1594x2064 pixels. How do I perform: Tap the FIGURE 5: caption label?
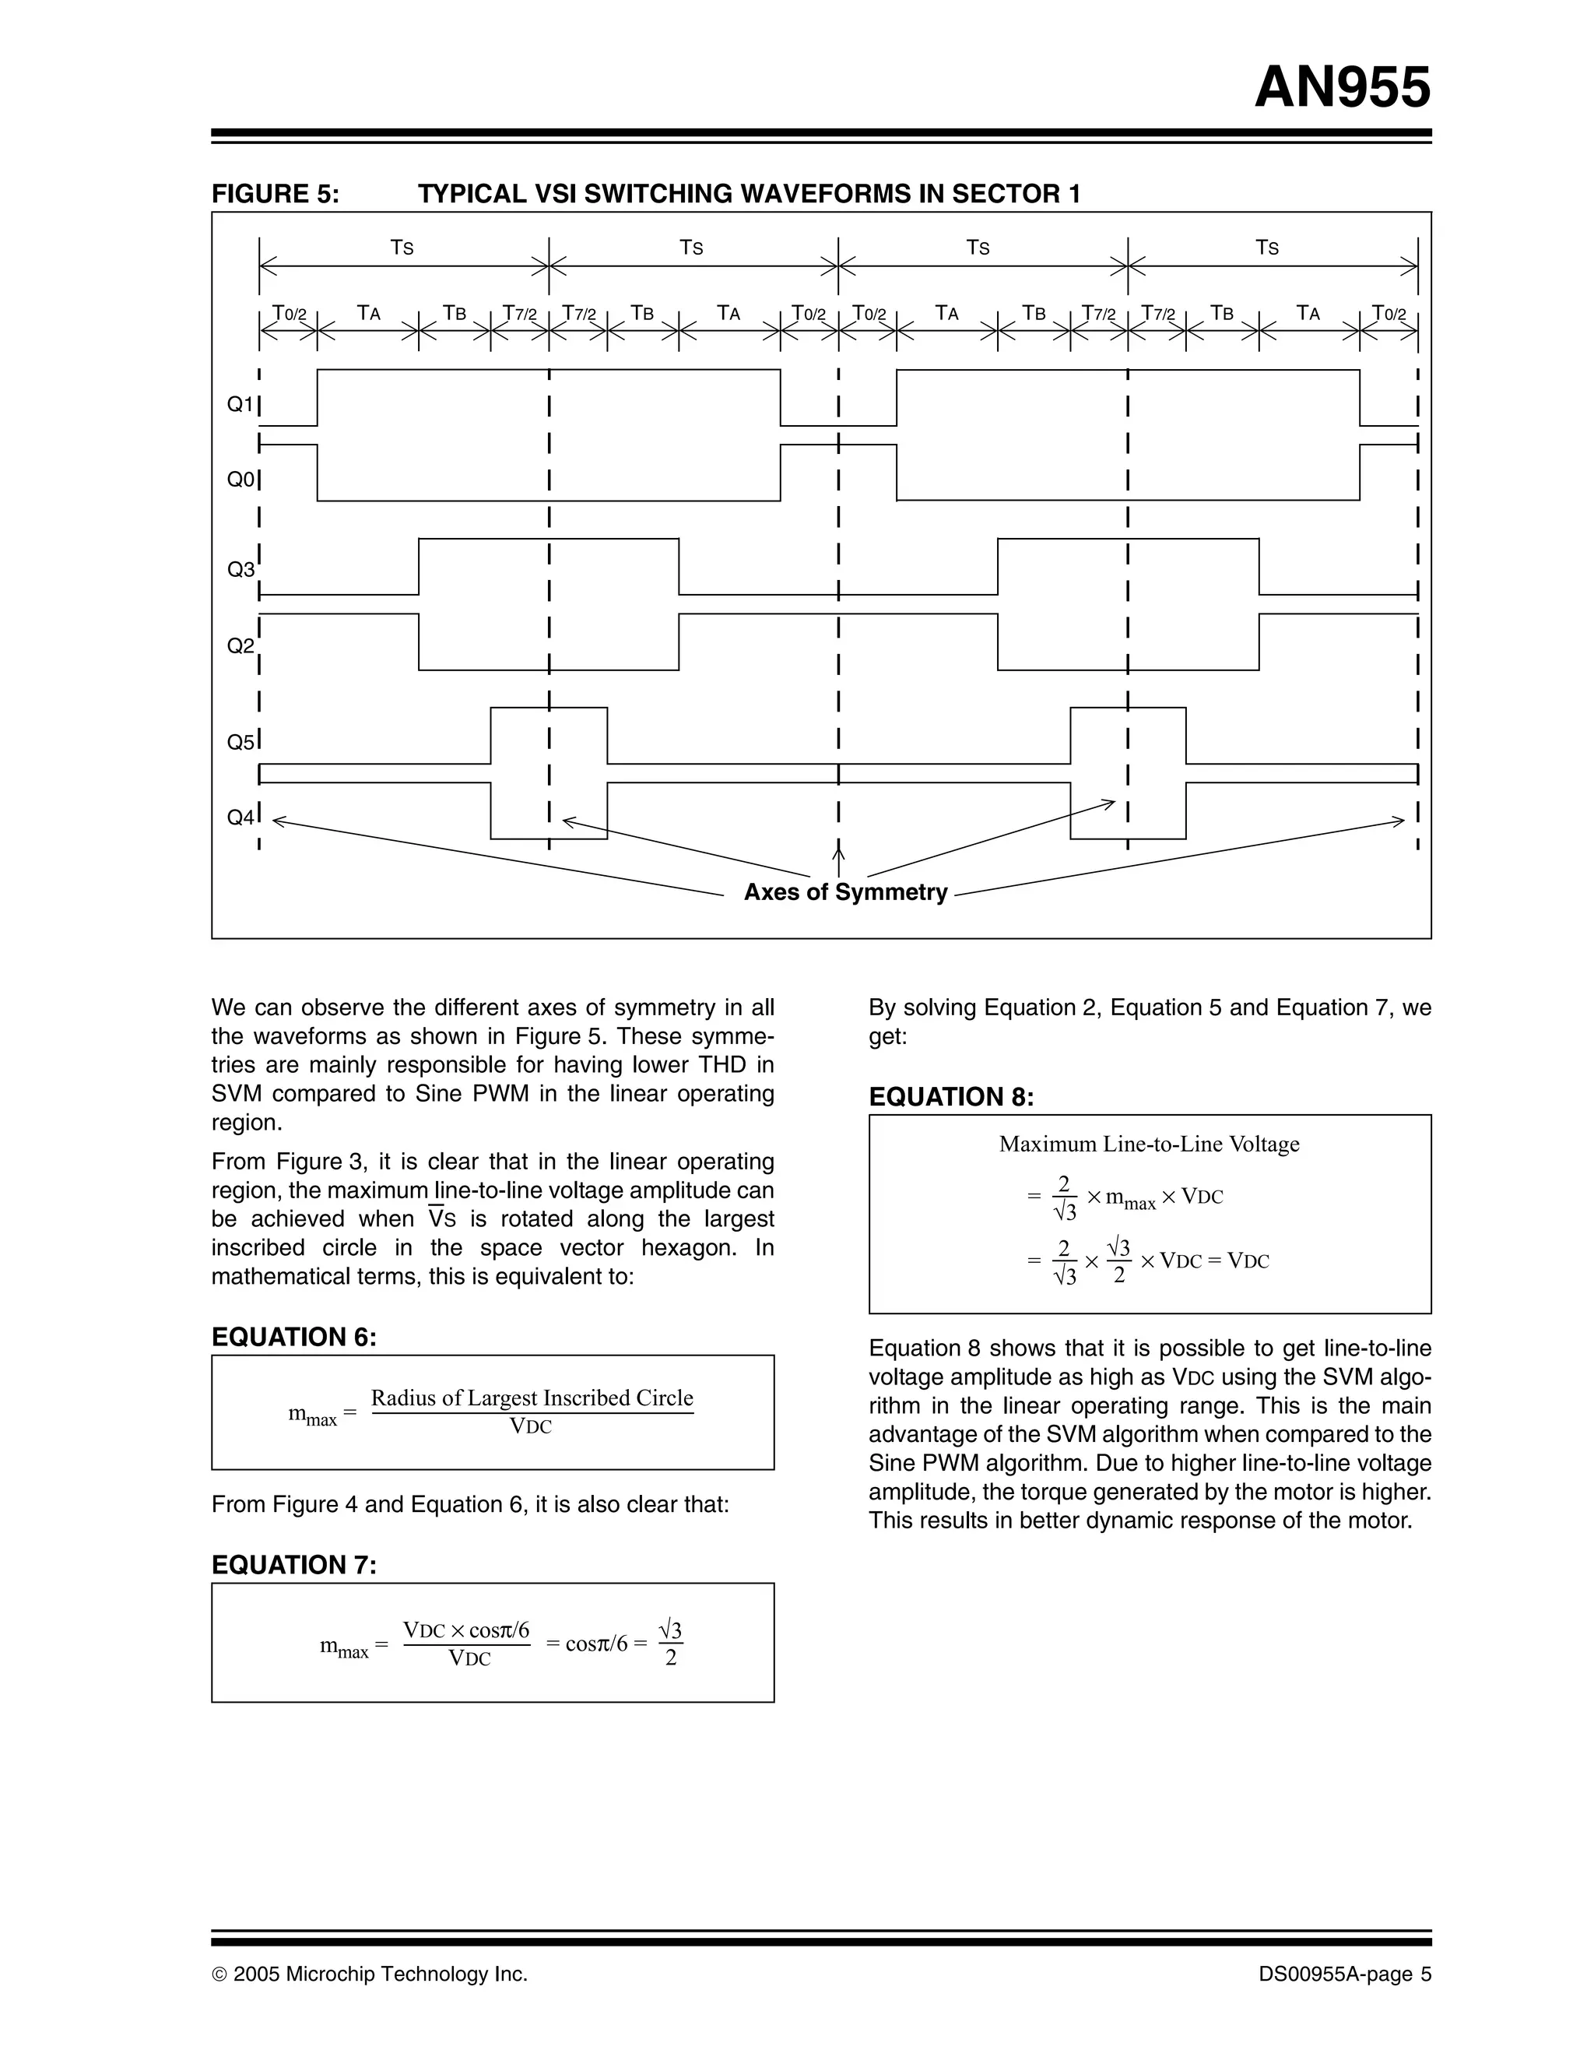(275, 194)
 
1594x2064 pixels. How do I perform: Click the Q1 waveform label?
(240, 405)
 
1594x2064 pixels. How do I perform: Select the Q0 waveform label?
(240, 480)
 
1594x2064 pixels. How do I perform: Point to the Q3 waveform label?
(240, 570)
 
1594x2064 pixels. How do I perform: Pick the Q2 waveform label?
(240, 646)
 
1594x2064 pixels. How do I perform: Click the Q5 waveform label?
(240, 743)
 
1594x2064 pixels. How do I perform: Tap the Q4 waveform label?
(240, 818)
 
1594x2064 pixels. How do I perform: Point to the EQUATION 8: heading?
(951, 1097)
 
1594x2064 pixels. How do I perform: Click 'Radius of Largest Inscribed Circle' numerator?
(532, 1398)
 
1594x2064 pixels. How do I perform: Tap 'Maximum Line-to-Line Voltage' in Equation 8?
(1149, 1145)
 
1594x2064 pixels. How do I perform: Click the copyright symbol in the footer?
(219, 1974)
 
